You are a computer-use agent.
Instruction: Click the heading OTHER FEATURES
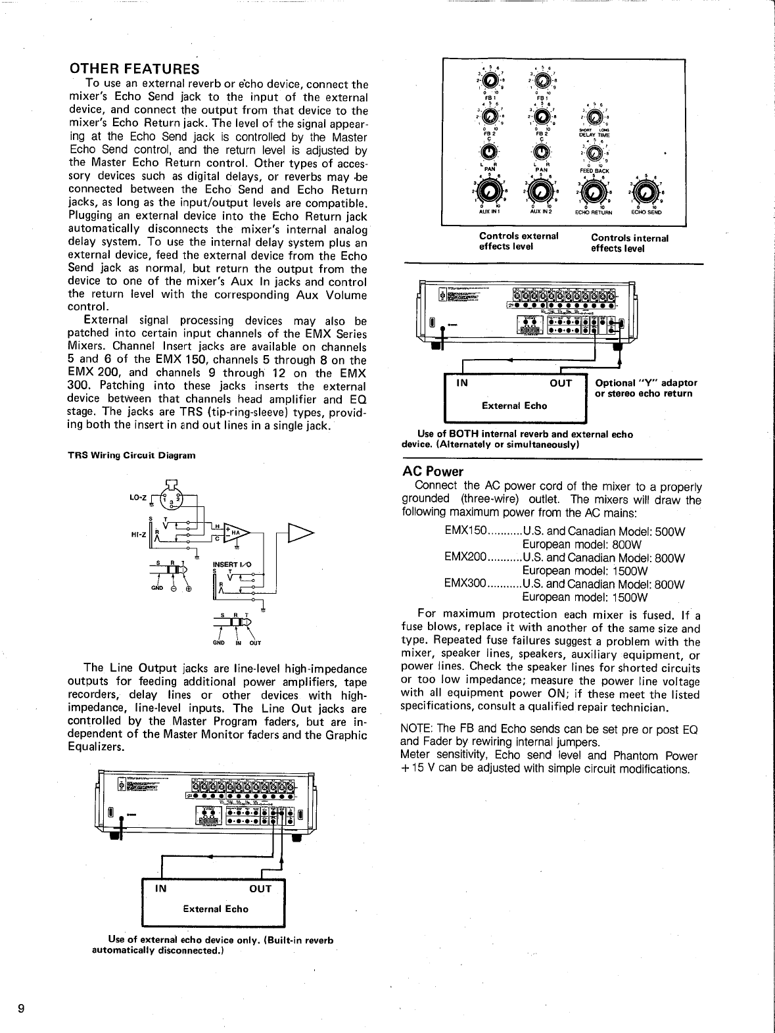(x=134, y=69)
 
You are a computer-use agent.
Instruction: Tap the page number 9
(x=22, y=1009)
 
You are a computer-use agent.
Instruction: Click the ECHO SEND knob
(x=646, y=192)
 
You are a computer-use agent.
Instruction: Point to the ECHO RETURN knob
(x=594, y=192)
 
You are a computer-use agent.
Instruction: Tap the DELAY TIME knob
(x=594, y=118)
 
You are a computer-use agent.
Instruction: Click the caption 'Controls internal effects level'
(x=629, y=243)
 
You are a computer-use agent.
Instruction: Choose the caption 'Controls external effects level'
(x=519, y=241)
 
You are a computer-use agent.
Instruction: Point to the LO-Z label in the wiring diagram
(x=137, y=497)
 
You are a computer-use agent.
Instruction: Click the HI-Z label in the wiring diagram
(x=137, y=535)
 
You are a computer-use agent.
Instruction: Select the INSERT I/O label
(x=231, y=564)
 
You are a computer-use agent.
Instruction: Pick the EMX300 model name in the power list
(x=465, y=584)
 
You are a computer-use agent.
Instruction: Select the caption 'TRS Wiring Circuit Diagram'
(x=131, y=455)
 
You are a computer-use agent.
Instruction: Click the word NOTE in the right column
(x=416, y=729)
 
